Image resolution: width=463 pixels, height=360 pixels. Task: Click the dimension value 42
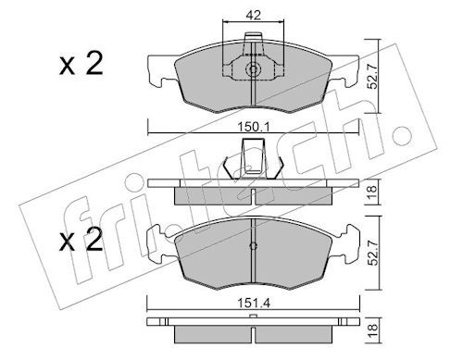[253, 15]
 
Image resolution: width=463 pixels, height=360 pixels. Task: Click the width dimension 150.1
[254, 127]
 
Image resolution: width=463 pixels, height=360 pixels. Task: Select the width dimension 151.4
[254, 304]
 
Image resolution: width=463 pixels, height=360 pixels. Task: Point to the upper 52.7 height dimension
[373, 76]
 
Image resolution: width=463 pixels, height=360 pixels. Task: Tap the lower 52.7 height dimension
[373, 253]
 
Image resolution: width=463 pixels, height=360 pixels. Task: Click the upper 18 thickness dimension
[372, 192]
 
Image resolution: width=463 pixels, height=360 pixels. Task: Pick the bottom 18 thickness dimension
[372, 330]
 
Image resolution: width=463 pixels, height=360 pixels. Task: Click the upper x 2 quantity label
[81, 64]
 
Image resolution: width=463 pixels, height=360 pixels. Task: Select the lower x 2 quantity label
[81, 239]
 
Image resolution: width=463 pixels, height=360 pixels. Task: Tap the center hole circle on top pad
[253, 69]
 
